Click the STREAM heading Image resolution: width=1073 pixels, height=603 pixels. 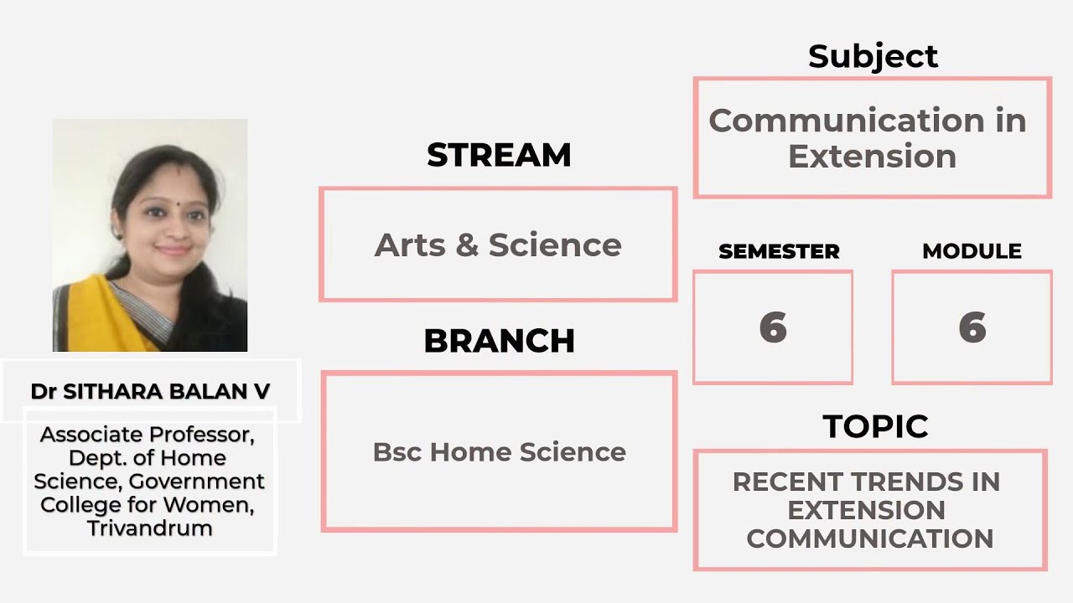499,155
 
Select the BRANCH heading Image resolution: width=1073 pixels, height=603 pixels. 499,341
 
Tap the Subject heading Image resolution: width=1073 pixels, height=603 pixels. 873,56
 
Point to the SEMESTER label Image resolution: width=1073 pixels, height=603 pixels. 779,251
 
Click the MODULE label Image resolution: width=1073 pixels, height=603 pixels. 972,251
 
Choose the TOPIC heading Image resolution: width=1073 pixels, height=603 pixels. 874,426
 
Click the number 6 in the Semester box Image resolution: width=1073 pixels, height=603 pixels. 773,327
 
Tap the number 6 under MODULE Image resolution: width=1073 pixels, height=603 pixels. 972,327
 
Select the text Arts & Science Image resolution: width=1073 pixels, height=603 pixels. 498,245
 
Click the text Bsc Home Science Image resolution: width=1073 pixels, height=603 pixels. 499,451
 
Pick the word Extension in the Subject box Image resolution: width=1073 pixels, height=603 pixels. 872,157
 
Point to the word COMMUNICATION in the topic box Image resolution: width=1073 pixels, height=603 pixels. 869,538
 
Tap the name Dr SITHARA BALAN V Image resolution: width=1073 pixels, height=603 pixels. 150,391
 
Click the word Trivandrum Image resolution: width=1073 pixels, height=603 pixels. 149,528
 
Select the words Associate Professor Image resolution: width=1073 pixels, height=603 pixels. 148,435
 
